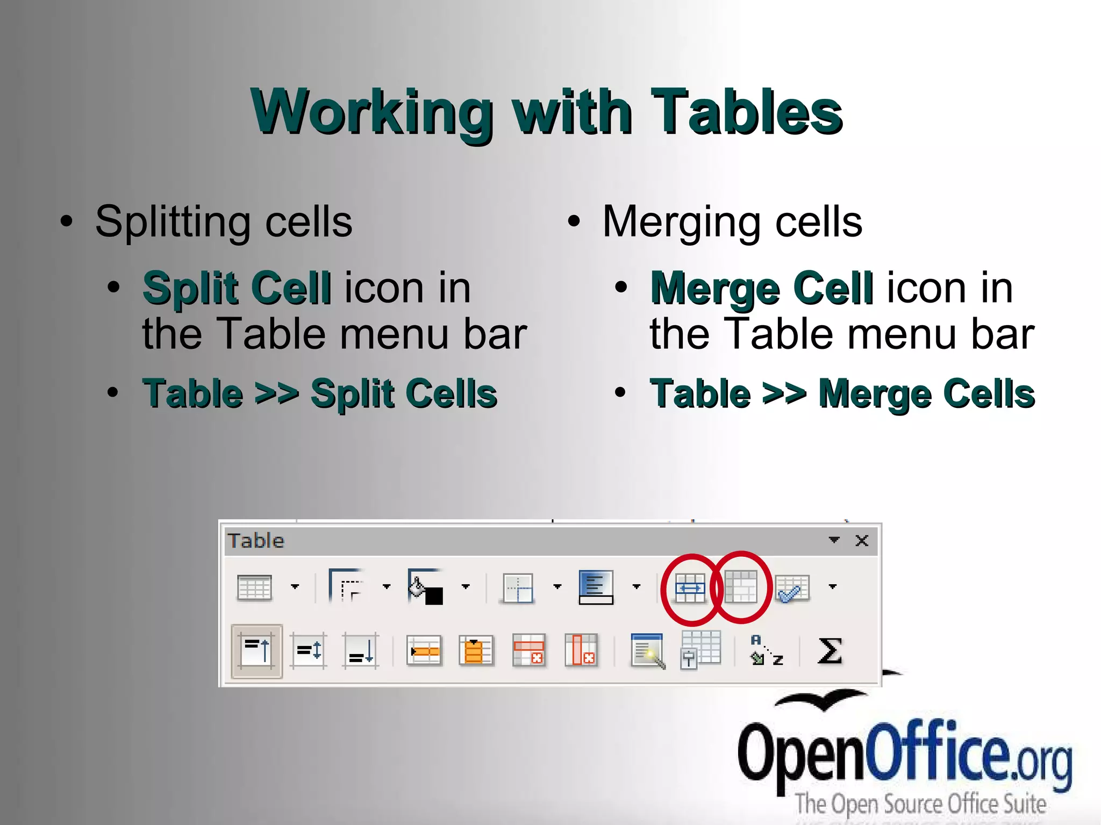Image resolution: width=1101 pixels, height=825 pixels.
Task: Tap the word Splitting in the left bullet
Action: pos(172,221)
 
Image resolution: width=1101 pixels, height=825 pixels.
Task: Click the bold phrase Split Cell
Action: pos(237,288)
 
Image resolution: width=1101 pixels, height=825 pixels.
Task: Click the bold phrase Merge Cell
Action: pos(761,288)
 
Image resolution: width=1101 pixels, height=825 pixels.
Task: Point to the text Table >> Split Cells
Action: pos(320,393)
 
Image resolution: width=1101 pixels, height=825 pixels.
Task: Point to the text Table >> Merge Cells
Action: pos(842,393)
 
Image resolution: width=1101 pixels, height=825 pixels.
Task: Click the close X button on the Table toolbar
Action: pos(862,540)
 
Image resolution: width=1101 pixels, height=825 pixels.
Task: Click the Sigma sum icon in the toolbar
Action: pos(829,651)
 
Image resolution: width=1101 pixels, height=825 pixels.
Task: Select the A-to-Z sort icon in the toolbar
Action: pos(767,651)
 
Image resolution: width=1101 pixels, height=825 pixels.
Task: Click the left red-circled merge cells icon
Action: pos(690,589)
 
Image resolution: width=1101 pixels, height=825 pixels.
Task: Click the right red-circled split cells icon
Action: pos(741,587)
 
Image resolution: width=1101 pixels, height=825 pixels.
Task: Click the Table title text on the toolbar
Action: pos(256,540)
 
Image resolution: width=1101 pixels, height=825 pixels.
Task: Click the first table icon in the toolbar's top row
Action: pos(254,587)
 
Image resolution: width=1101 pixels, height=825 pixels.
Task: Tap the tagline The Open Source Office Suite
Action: pos(921,804)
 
